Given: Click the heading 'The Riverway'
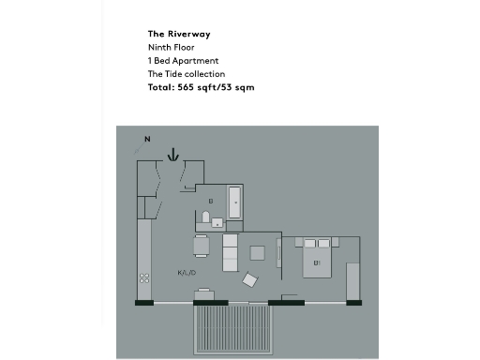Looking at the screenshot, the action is click(179, 34).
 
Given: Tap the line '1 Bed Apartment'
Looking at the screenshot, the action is click(183, 61).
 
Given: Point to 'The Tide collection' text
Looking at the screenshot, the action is click(187, 74).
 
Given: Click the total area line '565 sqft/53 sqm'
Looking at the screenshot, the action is click(201, 87).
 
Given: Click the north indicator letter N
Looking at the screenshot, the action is click(147, 140).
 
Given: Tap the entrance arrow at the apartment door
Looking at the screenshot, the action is click(172, 154).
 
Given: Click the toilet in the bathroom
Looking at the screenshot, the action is click(204, 219).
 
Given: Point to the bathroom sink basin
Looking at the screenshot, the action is click(217, 223).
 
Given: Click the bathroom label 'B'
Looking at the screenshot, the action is click(211, 201).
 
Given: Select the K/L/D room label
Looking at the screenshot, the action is click(187, 273).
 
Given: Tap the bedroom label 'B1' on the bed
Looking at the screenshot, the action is click(318, 262).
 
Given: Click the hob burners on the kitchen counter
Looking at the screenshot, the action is click(144, 277).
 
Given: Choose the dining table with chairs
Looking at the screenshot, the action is click(202, 247).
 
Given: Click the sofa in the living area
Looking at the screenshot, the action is click(230, 253).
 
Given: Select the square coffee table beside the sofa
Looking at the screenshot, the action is click(258, 252).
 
